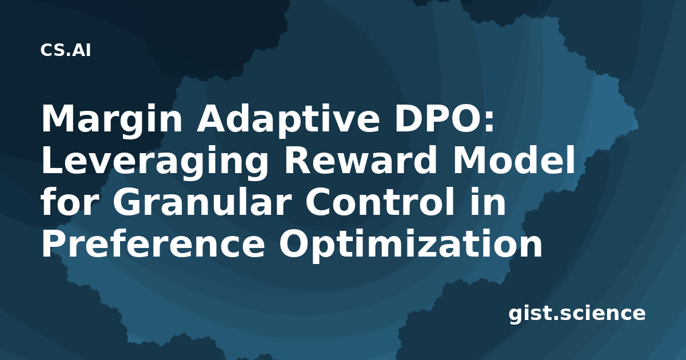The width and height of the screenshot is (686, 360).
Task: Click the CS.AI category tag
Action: point(66,50)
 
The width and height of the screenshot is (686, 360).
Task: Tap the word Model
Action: point(513,160)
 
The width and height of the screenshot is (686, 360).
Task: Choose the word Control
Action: point(380,201)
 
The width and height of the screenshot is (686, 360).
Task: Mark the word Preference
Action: point(153,243)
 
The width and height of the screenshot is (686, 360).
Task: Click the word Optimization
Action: point(410,245)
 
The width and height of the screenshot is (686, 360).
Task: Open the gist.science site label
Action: point(577,314)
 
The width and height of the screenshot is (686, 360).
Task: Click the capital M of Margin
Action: point(58,118)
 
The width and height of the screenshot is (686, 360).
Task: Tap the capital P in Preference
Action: point(54,243)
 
